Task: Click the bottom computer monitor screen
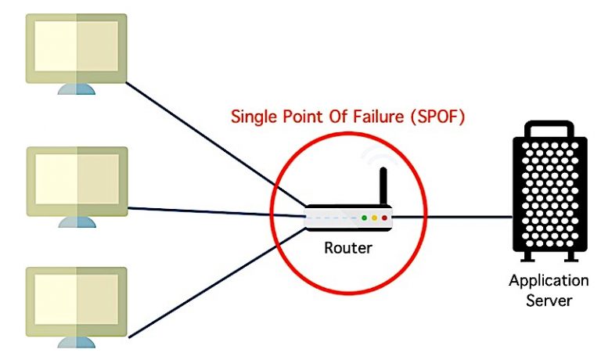click(x=76, y=302)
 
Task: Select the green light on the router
click(x=364, y=218)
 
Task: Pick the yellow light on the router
click(x=374, y=218)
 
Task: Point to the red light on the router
click(x=384, y=218)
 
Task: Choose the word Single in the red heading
click(x=254, y=118)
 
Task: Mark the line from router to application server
click(x=454, y=217)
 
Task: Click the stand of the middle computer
click(x=77, y=221)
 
